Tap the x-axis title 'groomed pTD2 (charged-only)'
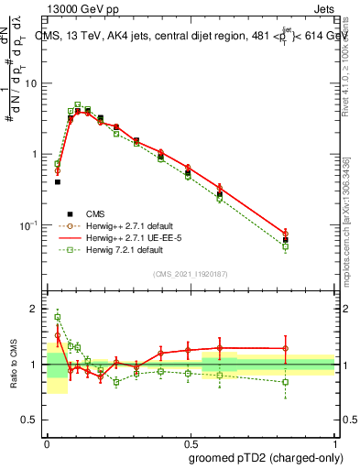click(266, 457)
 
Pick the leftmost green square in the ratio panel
click(58, 317)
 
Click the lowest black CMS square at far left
click(58, 181)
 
